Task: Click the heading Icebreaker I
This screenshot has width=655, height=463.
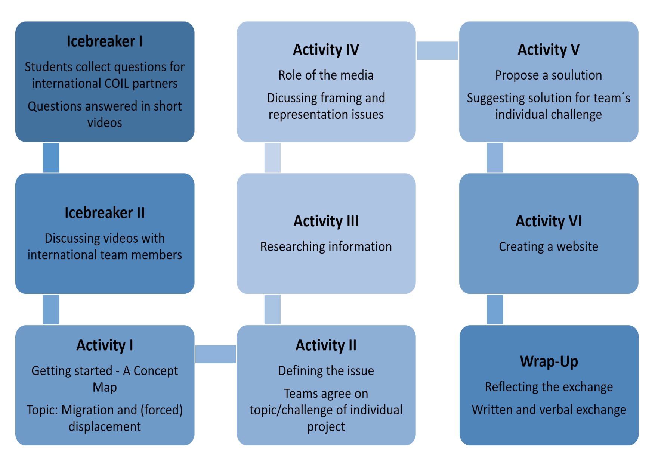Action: (x=105, y=41)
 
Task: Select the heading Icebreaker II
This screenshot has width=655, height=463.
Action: (x=105, y=212)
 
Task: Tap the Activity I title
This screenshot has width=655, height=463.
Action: (x=105, y=345)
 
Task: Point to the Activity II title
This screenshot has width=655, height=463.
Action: (x=326, y=345)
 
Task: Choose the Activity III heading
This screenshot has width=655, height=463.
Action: (x=326, y=221)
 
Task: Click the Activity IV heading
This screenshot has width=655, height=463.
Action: (x=326, y=50)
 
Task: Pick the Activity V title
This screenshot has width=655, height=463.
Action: (x=549, y=50)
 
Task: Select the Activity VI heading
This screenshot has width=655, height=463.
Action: (x=549, y=221)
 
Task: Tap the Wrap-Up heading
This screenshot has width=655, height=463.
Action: (x=549, y=361)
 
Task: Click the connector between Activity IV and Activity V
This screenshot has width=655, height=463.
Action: (x=438, y=50)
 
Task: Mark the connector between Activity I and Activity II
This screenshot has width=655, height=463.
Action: (x=216, y=354)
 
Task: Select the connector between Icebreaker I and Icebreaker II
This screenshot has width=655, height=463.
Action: (x=51, y=158)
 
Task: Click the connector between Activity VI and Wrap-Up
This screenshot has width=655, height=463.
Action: (x=495, y=310)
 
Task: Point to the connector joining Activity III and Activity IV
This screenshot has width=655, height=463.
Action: (x=272, y=158)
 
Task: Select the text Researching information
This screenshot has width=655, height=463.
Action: (x=326, y=246)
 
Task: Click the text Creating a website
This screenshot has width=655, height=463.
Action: (x=549, y=246)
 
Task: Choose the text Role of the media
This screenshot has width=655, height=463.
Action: (x=326, y=75)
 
